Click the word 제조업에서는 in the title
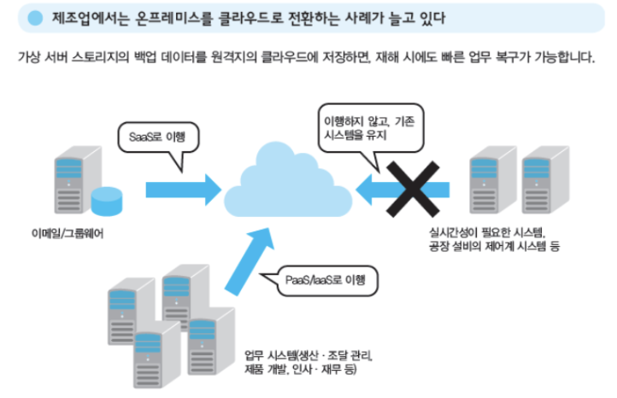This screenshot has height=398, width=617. point(85,17)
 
